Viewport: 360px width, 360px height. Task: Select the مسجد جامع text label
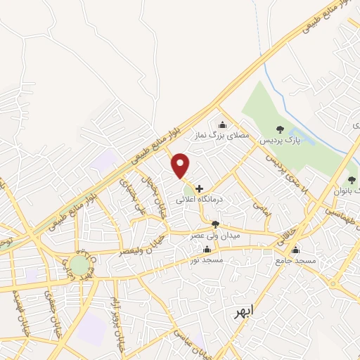coord(296,261)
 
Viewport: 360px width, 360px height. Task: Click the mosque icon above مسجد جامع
coord(296,250)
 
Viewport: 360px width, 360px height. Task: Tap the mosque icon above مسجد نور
coord(207,250)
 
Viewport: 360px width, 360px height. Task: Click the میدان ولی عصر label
coord(215,236)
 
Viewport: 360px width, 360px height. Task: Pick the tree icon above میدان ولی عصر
coord(215,224)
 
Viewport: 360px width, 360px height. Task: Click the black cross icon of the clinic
coord(200,188)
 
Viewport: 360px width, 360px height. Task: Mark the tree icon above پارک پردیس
coord(281,129)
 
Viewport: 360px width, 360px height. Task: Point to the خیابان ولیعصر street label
coord(144,243)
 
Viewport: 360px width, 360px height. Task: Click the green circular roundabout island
coord(79,266)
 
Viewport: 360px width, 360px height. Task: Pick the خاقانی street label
coord(289,229)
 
